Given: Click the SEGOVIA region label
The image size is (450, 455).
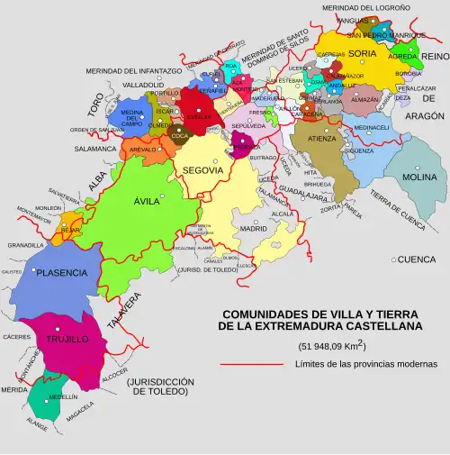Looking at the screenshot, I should pos(202,170).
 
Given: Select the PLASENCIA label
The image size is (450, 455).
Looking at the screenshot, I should pos(62,272).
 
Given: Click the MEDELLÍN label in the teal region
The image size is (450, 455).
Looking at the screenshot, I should pos(57,396).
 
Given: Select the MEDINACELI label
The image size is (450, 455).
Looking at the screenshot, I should pos(372,128).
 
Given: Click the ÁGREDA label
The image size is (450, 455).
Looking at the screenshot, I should pos(403,56).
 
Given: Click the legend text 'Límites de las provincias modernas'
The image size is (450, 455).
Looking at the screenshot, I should pos(365,364).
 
